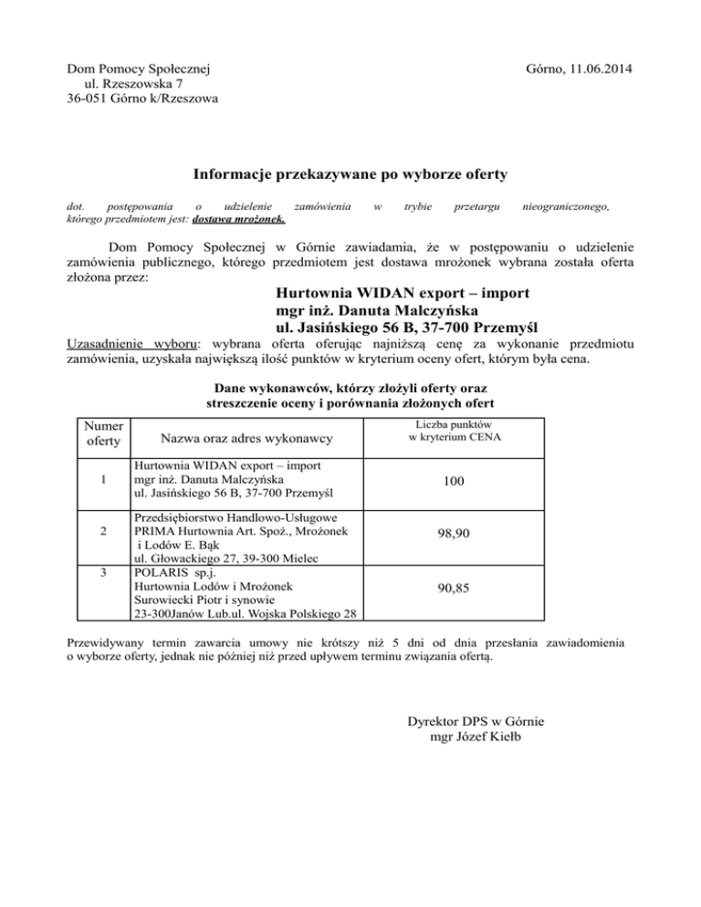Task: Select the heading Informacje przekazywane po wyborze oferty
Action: (350, 174)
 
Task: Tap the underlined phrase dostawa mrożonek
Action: (240, 219)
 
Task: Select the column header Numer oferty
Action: (101, 434)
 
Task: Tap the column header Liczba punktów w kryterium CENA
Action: (454, 431)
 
